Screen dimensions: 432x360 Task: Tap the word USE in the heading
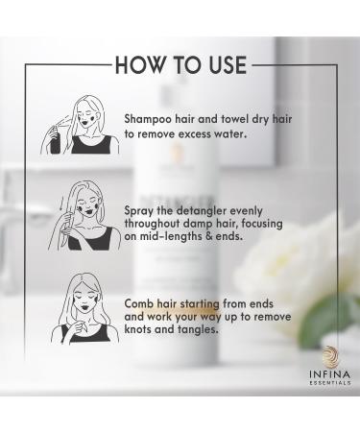pyautogui.click(x=221, y=66)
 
